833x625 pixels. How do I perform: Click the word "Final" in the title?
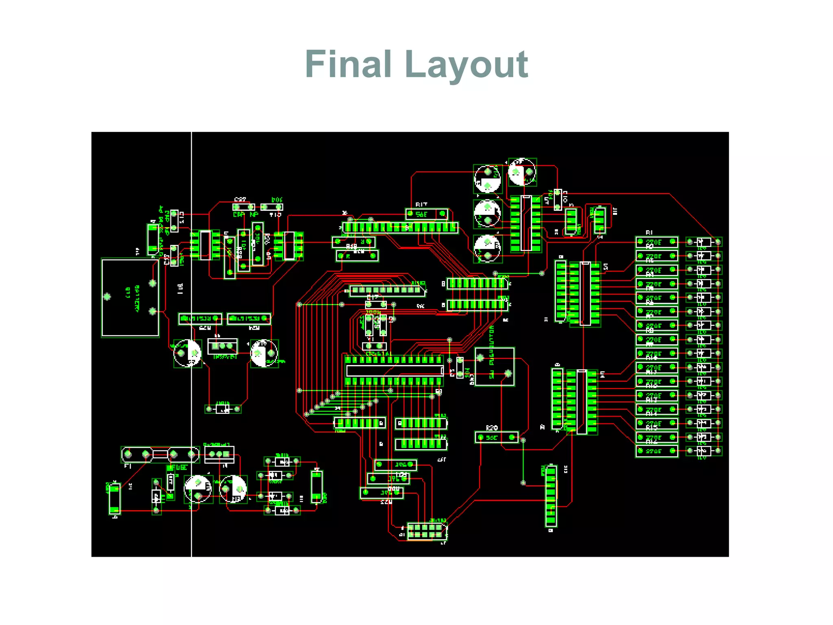point(348,64)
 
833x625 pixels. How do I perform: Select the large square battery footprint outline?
point(130,297)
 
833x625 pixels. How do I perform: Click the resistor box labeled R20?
point(496,437)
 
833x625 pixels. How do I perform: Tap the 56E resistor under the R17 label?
point(426,214)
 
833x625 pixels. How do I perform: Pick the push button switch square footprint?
point(495,367)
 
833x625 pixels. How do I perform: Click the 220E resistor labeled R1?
point(656,243)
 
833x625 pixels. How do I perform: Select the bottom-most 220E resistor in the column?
point(656,451)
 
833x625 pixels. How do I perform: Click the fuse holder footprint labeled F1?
point(160,454)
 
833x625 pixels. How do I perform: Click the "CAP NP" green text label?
point(245,215)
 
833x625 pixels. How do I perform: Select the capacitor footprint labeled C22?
point(244,207)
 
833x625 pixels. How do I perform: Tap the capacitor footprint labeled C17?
point(375,304)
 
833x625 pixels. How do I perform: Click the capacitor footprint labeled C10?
point(558,200)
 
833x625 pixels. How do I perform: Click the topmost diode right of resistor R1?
point(704,243)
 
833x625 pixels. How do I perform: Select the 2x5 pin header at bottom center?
point(426,531)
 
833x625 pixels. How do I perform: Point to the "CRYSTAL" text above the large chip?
point(379,354)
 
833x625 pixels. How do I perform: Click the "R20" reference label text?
point(492,428)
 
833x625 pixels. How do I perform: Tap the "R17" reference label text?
point(421,205)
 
